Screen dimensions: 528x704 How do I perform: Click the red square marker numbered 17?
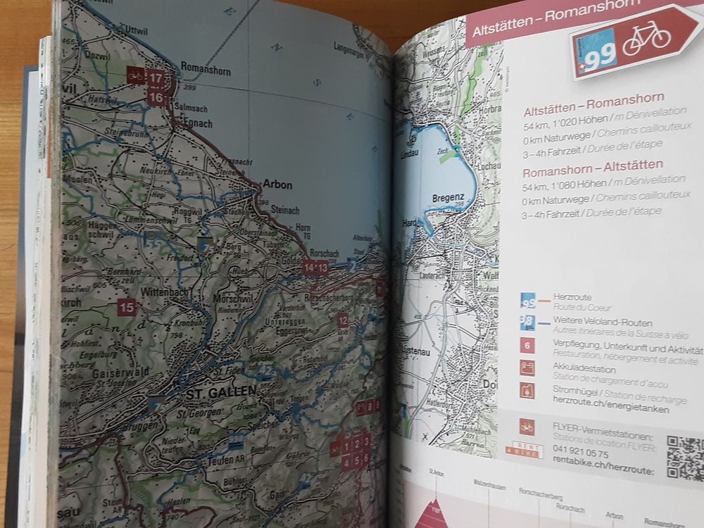(156, 77)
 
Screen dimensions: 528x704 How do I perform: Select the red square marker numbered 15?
(127, 307)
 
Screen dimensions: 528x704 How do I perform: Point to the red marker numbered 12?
(343, 320)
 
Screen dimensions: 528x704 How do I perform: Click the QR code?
(684, 457)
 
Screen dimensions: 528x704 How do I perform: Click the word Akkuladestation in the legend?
(584, 369)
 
